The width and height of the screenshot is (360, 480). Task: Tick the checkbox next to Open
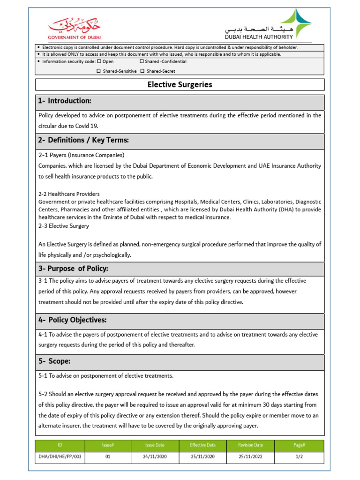[98, 61]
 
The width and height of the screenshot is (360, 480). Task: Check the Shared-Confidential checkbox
[142, 61]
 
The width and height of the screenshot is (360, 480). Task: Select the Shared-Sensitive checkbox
[98, 71]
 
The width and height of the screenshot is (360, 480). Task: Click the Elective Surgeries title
[180, 85]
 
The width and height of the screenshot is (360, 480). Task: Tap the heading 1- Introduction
[65, 101]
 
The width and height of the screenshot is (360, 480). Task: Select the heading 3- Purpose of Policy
[73, 269]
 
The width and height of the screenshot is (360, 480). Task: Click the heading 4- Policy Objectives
[73, 320]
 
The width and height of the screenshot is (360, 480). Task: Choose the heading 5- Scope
[55, 361]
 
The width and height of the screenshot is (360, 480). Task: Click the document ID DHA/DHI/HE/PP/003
[60, 456]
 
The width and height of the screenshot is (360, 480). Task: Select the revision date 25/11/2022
[251, 456]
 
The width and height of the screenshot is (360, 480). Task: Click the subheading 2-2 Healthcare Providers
[69, 194]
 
